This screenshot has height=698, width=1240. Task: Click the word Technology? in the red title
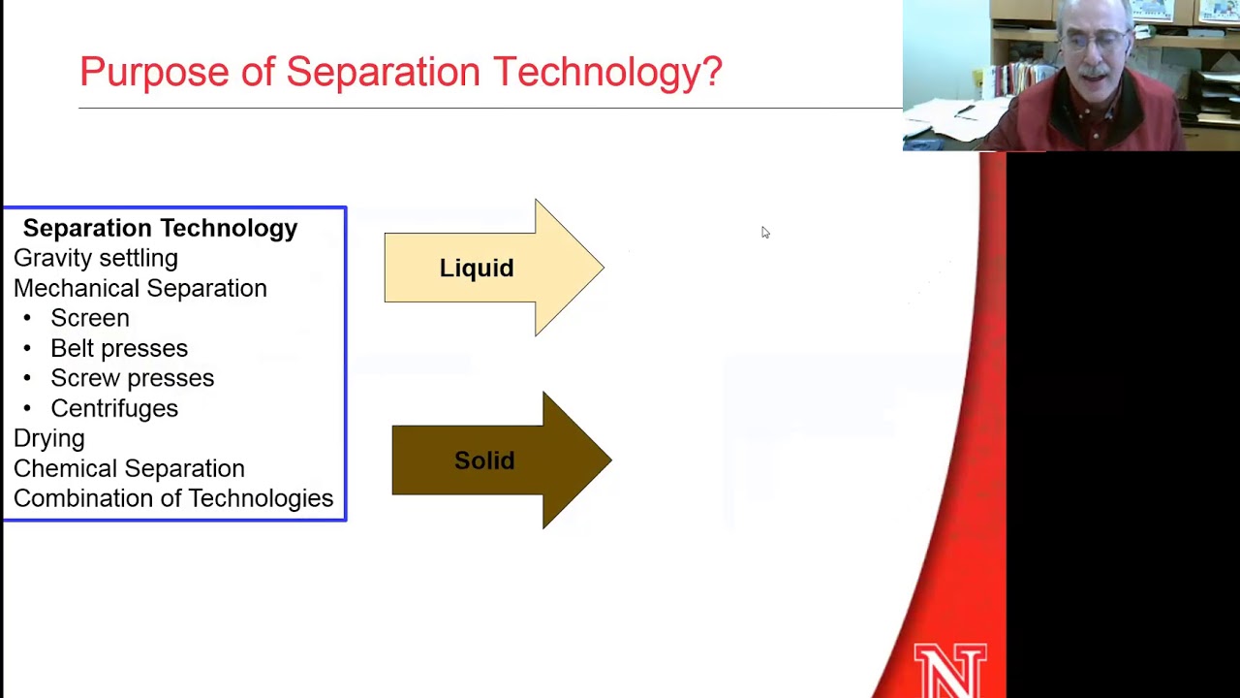pos(607,72)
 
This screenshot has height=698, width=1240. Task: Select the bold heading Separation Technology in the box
pos(160,228)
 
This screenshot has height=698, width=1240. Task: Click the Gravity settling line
pos(96,258)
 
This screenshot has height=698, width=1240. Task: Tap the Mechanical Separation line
pos(140,288)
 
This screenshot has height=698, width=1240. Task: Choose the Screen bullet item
pos(89,318)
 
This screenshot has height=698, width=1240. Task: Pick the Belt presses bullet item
pos(119,348)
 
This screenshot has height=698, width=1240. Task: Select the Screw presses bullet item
pos(132,378)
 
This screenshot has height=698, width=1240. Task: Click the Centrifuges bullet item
pos(114,408)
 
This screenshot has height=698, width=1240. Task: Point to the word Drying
pos(49,438)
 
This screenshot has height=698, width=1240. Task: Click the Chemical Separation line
pos(129,468)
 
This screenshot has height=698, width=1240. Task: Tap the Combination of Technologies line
pos(173,498)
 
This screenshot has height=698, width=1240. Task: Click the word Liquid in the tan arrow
pos(477,269)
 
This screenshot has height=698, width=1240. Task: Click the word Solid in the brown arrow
pos(484,460)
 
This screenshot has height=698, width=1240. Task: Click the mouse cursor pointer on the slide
pos(764,232)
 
